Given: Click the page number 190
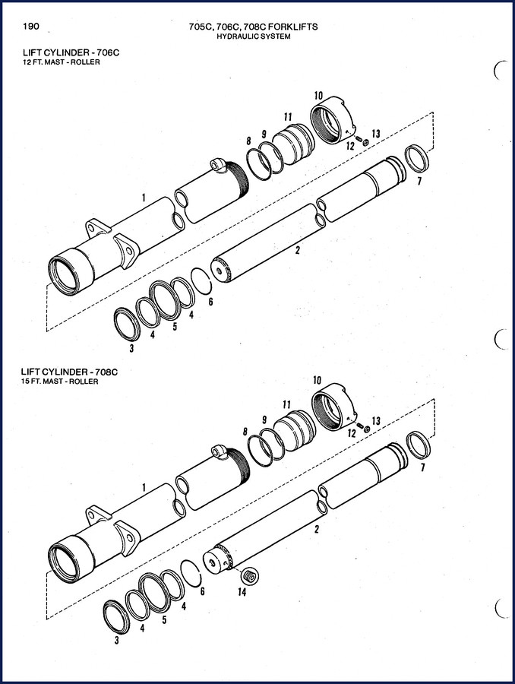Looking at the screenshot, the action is pos(31,26).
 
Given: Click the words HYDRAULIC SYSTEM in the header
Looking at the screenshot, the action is pos(254,36).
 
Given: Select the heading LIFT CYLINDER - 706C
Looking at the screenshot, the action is pos(71,52).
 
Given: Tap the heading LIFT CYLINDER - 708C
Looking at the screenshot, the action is pos(70,372).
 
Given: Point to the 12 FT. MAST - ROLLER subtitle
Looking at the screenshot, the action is pos(61,62).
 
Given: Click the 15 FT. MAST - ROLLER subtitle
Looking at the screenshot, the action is pos(60,382).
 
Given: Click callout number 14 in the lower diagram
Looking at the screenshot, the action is pos(242,591).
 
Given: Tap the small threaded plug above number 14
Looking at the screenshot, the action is pos(251,575).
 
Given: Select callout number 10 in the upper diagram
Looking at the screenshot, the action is pos(318,95).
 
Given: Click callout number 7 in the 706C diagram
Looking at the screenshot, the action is pos(419,180).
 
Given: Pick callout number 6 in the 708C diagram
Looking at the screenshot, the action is pos(202,591).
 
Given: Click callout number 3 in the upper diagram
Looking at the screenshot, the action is pos(131,348).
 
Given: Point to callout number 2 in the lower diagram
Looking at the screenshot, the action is pos(317,529).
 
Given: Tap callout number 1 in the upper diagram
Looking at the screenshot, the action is pos(144,198).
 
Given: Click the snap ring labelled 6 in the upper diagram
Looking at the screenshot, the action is pos(202,281).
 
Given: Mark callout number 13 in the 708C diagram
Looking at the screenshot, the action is pos(376,421).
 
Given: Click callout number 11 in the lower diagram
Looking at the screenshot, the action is pos(286,405).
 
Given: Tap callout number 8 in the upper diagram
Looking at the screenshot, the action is pos(248,141).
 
